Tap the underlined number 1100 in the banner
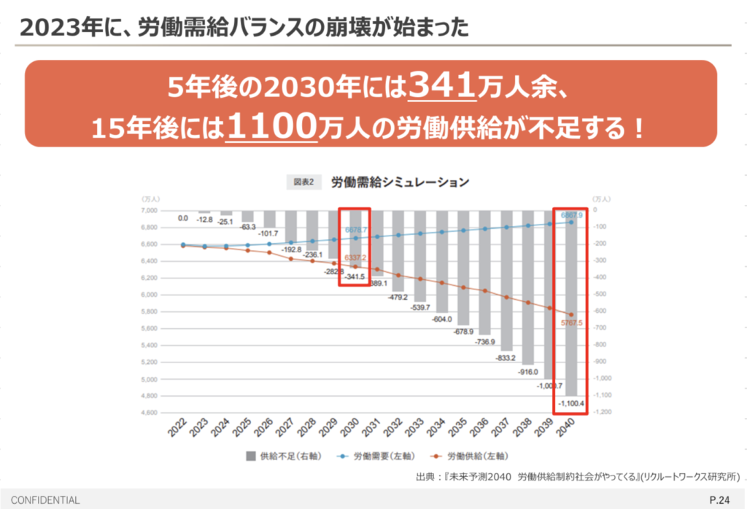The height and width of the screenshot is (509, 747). [271, 127]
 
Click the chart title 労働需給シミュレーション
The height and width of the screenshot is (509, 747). [400, 182]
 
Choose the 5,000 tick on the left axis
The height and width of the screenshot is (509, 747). [149, 379]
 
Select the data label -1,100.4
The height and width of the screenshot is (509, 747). [571, 403]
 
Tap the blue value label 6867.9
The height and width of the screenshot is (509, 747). [571, 215]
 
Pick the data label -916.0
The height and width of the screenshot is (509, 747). [527, 371]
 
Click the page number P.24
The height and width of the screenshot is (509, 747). [720, 500]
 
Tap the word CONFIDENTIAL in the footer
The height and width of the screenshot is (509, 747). [45, 500]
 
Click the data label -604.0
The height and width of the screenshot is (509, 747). [441, 319]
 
